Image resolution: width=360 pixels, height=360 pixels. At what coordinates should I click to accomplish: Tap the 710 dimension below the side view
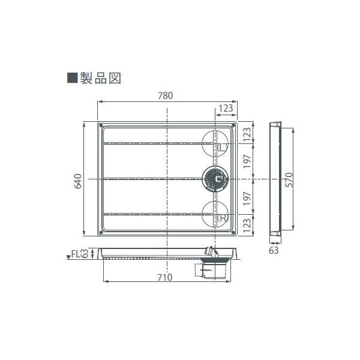coord(166,277)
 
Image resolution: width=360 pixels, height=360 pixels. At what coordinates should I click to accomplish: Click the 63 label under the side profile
coord(274,250)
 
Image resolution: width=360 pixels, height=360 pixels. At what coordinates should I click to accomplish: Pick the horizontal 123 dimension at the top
coord(226,109)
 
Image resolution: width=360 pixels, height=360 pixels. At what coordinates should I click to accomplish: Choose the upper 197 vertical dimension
coord(247,161)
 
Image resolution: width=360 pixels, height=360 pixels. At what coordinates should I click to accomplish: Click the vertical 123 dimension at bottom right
coord(247,226)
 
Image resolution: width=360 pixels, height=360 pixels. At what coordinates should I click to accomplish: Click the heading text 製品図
coord(102,78)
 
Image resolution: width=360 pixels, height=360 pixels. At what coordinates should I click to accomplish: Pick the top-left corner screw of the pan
coord(101,126)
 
